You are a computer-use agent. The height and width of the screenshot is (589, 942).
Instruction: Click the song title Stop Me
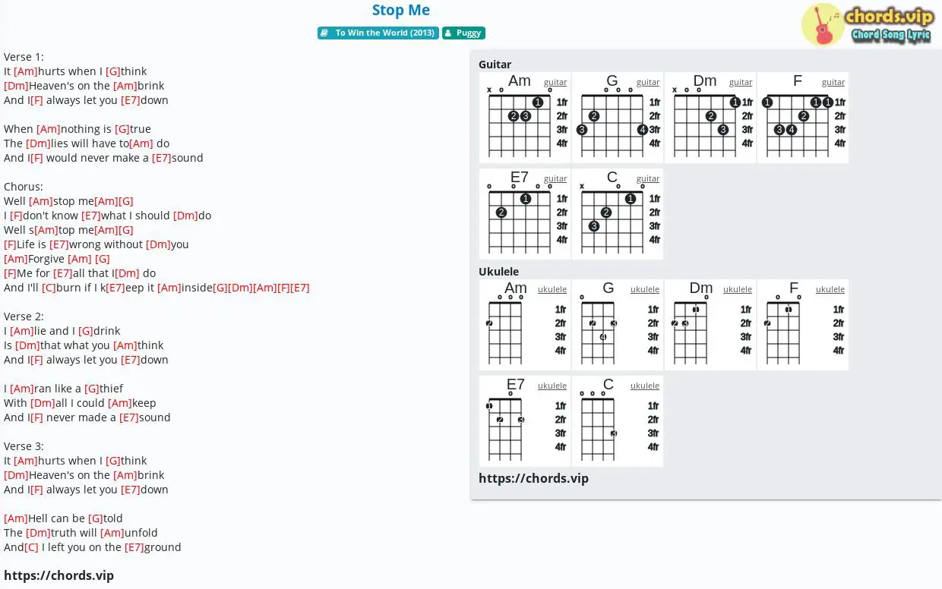pos(401,10)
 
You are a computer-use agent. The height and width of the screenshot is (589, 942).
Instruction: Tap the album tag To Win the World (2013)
pos(378,33)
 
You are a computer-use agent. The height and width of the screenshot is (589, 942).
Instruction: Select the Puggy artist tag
pos(463,33)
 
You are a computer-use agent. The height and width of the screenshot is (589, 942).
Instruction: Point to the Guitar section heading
pos(495,65)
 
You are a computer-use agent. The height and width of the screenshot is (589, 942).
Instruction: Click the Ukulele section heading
pos(498,272)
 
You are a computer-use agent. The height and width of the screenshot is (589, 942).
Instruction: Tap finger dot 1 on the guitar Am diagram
pos(537,102)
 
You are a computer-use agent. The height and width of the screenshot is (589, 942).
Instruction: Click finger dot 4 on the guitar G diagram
pos(642,129)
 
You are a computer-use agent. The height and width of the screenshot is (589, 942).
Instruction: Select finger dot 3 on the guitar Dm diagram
pos(723,129)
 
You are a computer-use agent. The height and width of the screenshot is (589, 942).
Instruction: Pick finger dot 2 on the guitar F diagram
pos(803,116)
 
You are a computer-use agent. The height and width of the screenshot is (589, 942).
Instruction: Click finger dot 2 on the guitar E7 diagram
pos(501,213)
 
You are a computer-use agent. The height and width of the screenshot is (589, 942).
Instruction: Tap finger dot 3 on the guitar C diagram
pos(594,226)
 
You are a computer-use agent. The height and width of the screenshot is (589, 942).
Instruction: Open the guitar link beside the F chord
pos(833,82)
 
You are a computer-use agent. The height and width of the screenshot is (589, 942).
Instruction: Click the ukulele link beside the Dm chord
pos(737,289)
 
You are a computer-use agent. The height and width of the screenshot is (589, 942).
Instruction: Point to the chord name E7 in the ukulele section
pos(515,384)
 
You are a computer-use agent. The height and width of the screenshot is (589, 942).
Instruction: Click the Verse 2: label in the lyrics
pos(24,317)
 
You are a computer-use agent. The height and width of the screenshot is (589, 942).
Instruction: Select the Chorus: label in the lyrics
pos(23,187)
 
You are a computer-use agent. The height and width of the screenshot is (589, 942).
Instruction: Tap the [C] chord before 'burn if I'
pos(49,288)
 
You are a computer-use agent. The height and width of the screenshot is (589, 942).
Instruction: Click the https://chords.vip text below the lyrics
pos(59,575)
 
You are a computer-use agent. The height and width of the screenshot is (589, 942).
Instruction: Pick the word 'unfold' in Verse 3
pos(141,533)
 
